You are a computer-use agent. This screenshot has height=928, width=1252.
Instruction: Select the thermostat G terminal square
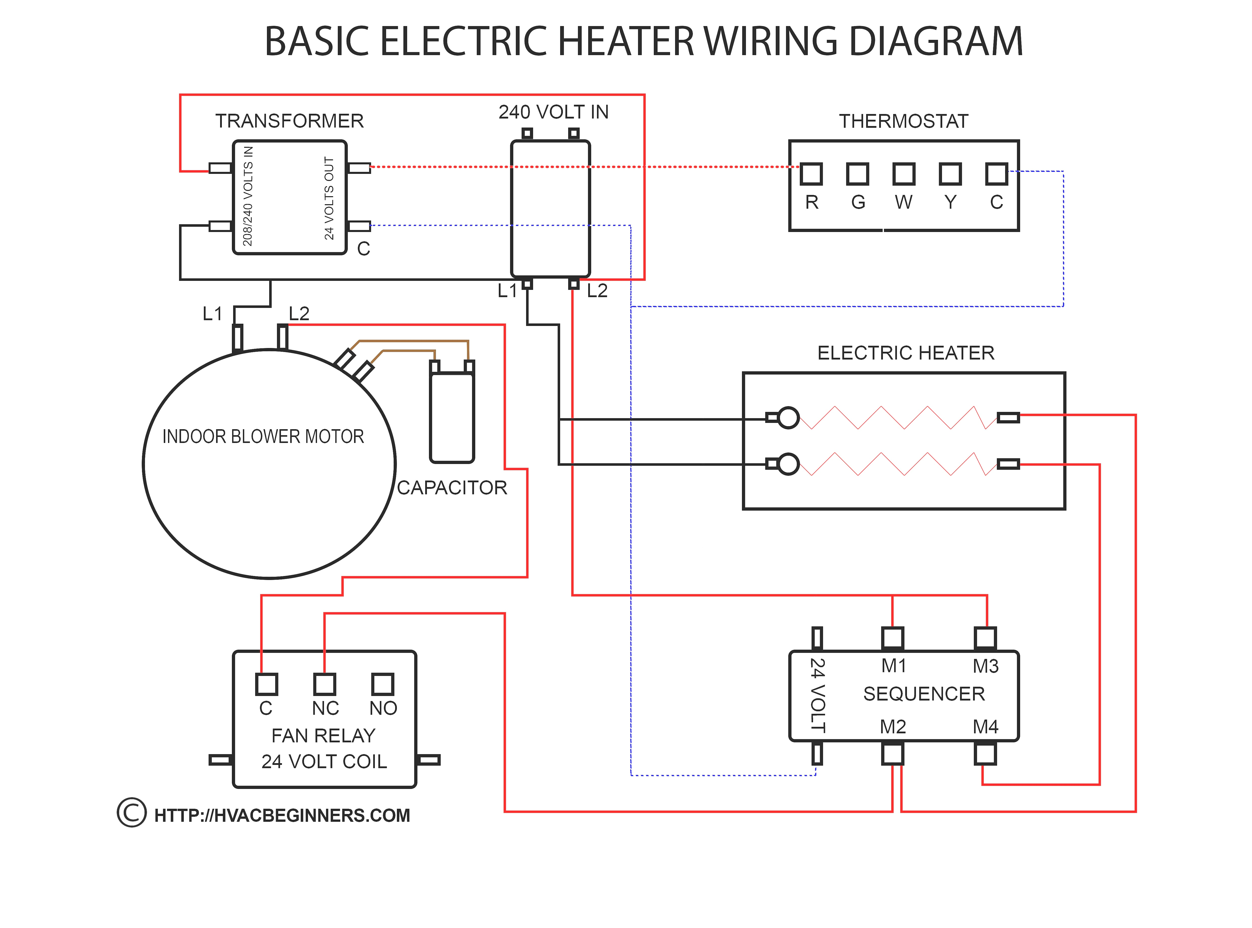[857, 174]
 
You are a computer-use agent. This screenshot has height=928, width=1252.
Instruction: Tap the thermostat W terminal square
[903, 174]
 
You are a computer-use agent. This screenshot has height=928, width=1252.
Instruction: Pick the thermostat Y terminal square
[950, 174]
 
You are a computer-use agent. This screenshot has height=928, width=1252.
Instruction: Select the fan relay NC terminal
[325, 684]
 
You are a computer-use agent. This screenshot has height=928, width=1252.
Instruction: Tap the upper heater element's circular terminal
[788, 417]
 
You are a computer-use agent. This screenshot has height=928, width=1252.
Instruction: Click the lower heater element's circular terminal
[788, 464]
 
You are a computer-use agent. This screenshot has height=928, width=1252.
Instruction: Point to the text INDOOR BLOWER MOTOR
[263, 436]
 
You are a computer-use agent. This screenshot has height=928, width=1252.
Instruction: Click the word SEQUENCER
[923, 694]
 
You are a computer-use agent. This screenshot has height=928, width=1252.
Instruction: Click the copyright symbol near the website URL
[131, 812]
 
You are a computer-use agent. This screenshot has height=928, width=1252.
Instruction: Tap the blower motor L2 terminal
[282, 337]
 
